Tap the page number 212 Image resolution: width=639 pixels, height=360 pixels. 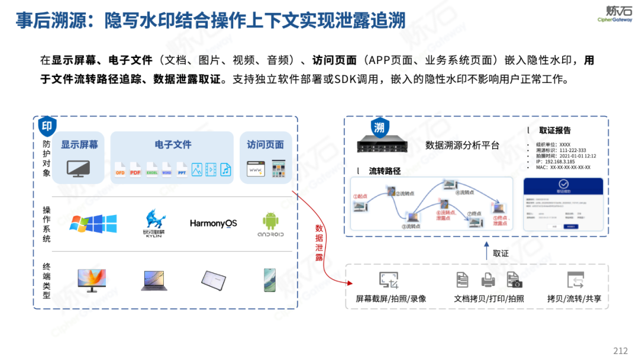[x=620, y=350]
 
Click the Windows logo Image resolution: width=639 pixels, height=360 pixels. [x=93, y=224]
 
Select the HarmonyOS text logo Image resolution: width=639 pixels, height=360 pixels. [x=213, y=223]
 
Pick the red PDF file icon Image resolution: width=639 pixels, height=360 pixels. [x=135, y=169]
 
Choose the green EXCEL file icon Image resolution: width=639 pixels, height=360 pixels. [x=151, y=169]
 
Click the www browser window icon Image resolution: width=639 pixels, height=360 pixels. [x=256, y=169]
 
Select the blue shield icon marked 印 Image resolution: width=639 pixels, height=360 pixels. [x=47, y=126]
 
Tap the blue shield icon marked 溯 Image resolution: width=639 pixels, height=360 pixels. [x=379, y=127]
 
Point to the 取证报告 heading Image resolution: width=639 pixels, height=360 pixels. [x=554, y=130]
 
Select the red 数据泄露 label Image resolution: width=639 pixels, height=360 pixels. [x=319, y=243]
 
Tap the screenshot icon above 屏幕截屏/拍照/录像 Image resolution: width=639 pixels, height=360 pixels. [x=389, y=280]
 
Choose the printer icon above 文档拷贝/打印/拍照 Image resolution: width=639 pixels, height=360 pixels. [x=488, y=279]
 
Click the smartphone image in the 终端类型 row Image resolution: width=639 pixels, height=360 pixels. [x=270, y=279]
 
